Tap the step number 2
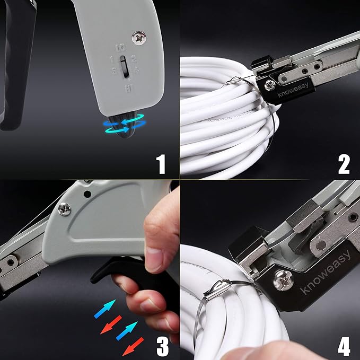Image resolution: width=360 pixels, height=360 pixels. click(344, 164)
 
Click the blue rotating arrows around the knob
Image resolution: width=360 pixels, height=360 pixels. click(125, 125)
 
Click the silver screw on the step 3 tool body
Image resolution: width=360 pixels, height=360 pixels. click(65, 209)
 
